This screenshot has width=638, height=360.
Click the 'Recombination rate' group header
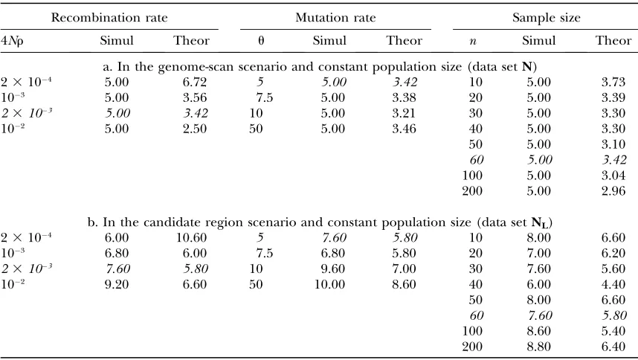109,18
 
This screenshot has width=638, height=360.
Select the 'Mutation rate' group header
335,18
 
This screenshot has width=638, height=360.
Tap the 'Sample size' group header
546,18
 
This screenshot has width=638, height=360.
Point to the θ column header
261,40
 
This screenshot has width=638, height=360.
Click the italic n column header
473,41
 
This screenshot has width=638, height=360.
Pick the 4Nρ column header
12,41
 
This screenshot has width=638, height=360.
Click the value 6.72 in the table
195,82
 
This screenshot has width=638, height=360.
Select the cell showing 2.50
195,129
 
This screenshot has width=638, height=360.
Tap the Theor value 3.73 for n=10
613,82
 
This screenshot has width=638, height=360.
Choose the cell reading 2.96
613,191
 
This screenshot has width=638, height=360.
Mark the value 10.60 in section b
191,238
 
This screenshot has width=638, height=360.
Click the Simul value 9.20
116,284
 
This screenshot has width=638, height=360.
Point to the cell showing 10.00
329,284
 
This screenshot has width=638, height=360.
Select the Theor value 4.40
613,284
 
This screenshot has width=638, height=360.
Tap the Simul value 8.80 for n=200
538,347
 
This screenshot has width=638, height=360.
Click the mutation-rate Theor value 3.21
404,114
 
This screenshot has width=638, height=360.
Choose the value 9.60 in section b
333,269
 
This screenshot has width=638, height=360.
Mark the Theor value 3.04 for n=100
613,176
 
